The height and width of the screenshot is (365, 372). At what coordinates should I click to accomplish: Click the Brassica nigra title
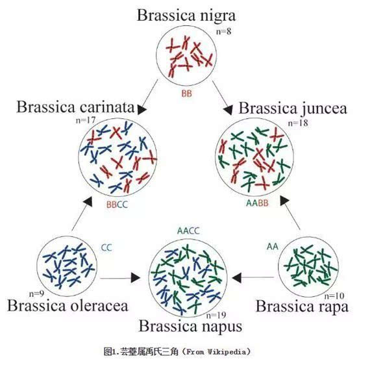186,14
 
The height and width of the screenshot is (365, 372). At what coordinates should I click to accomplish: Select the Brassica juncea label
293,107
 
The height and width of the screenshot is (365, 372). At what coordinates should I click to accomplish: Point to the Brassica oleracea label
77,304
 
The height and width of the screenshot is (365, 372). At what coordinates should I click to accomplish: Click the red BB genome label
186,94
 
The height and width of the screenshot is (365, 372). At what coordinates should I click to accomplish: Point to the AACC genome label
188,231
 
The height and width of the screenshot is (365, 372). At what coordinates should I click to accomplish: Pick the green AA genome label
272,247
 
